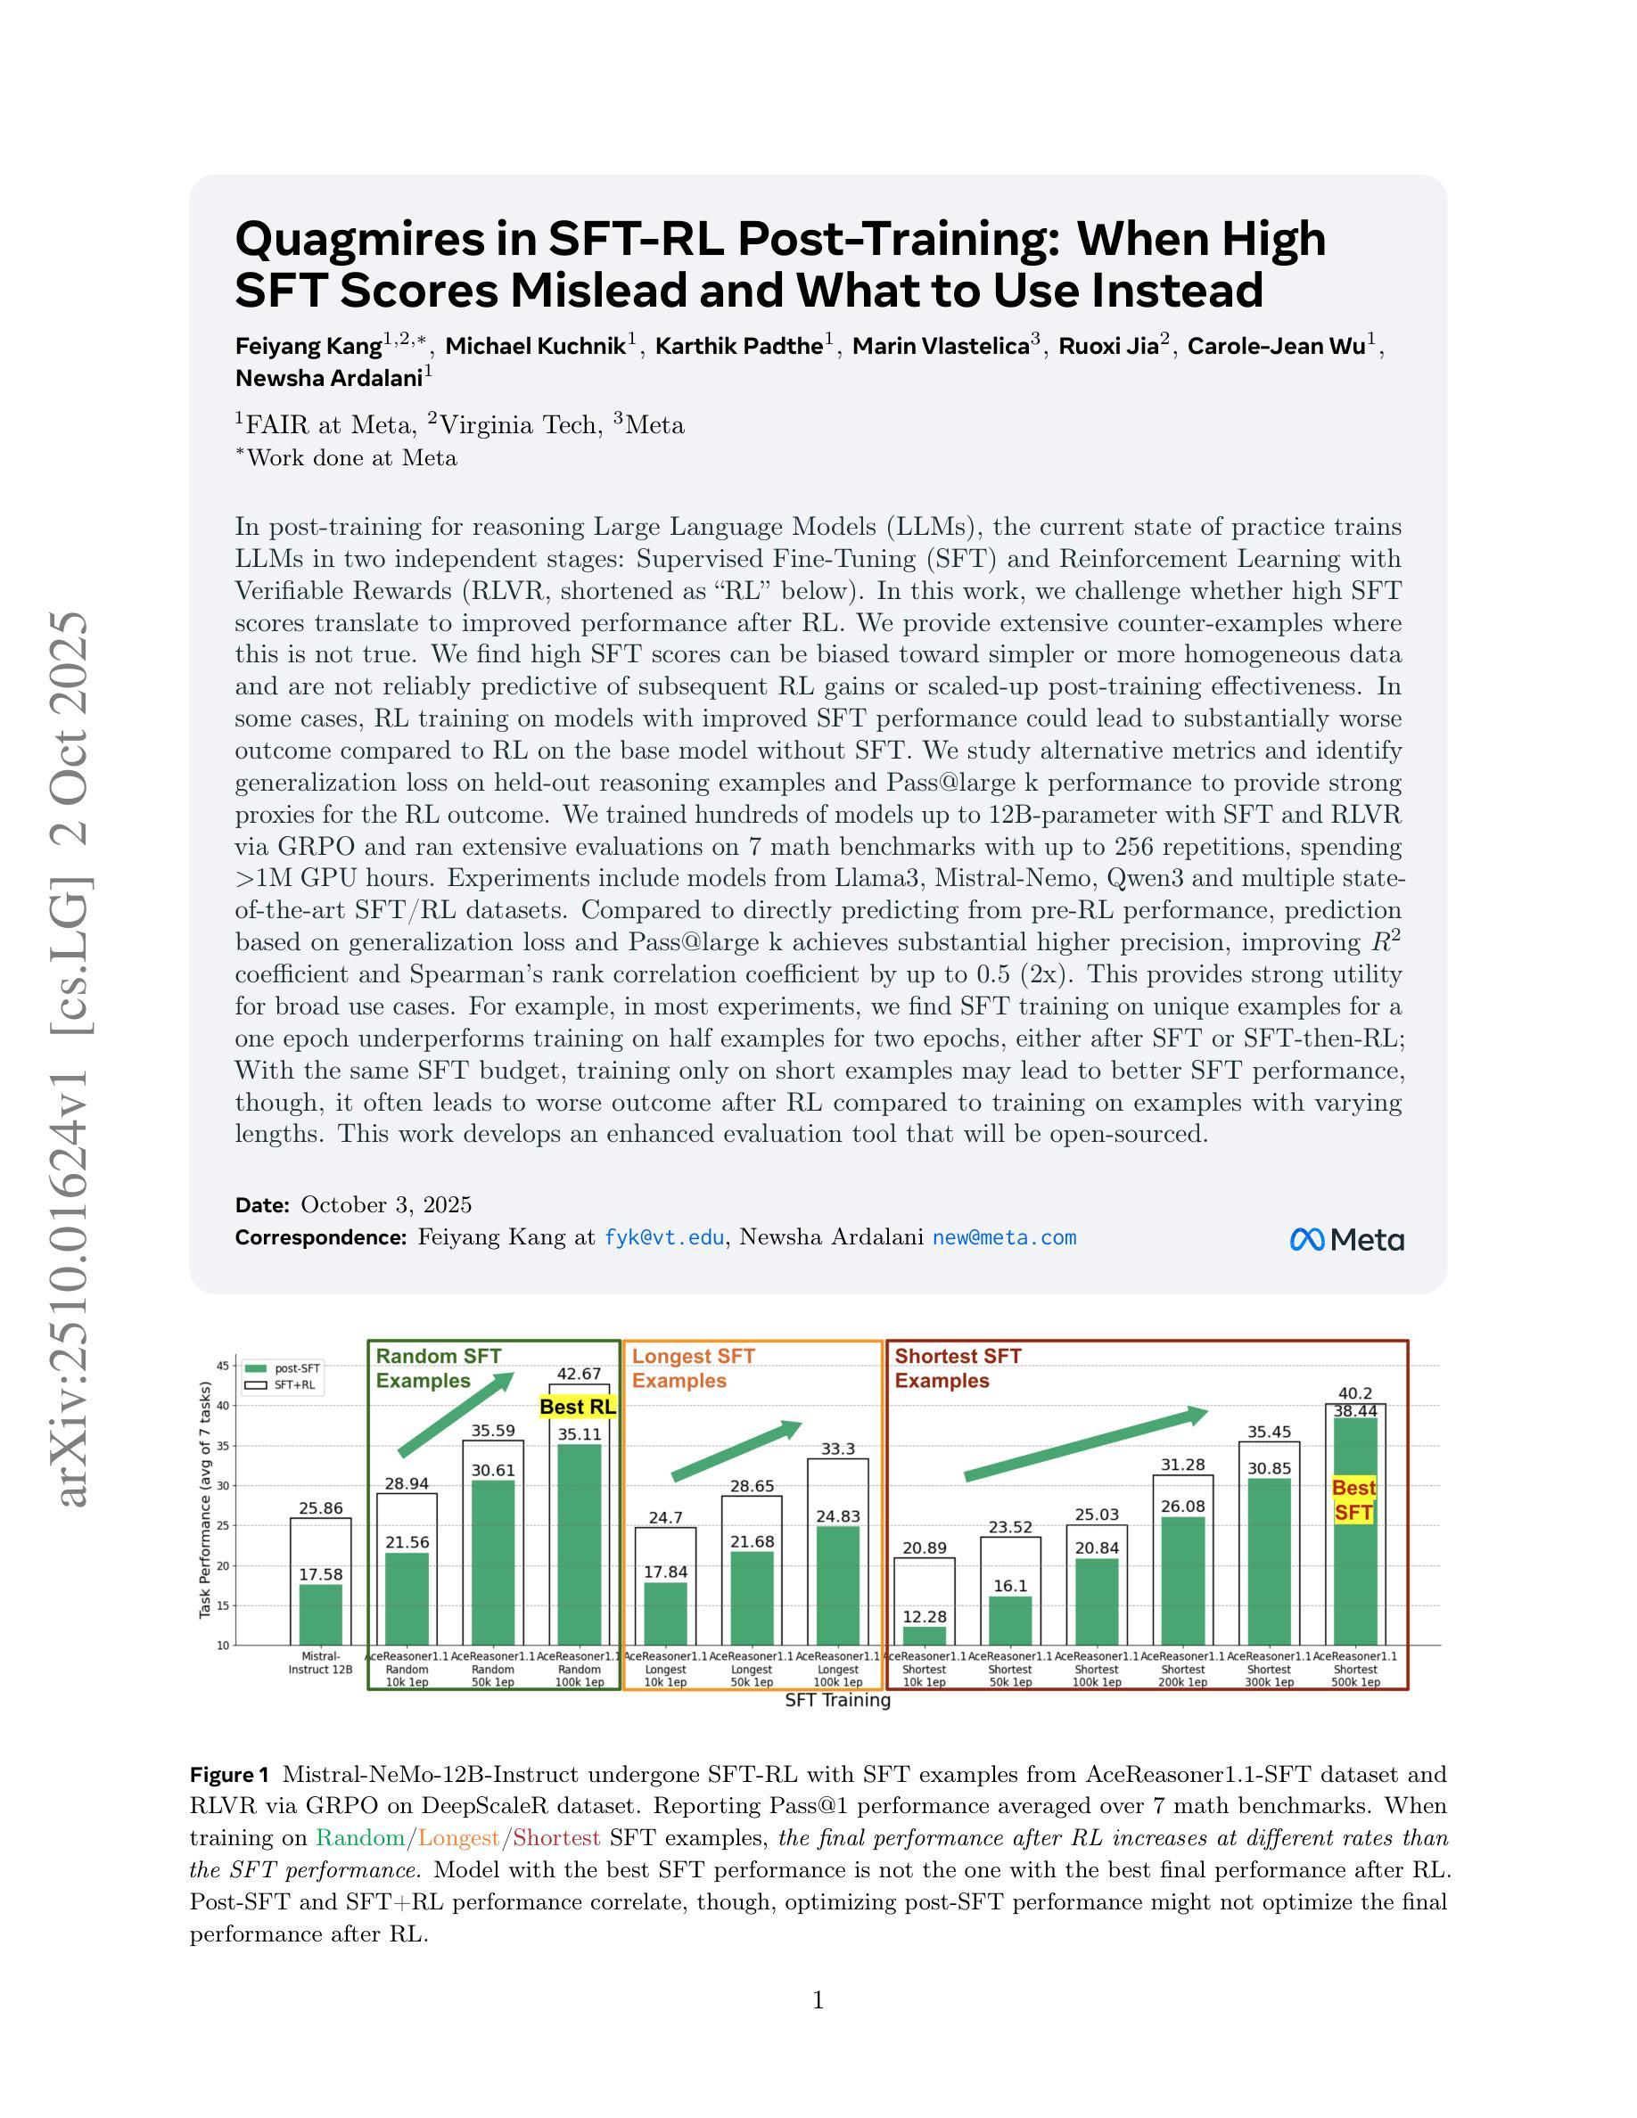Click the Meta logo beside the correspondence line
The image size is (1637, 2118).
pos(1346,1239)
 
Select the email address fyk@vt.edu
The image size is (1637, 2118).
pos(663,1237)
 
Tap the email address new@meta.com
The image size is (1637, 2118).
pos(1004,1237)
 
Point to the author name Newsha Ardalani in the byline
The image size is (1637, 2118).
pos(329,378)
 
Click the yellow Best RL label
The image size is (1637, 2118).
pos(577,1406)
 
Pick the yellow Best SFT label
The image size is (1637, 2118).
pos(1353,1500)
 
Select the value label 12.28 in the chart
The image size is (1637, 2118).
pos(925,1617)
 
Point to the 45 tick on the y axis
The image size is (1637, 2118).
pos(222,1367)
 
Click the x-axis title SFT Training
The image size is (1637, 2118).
pos(838,1700)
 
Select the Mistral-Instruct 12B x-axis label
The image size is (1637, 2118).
pos(320,1663)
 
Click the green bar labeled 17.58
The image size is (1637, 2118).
pos(320,1614)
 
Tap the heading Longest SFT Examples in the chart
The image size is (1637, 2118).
pos(694,1368)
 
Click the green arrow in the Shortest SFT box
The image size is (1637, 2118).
pos(1086,1445)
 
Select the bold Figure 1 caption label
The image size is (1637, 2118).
pos(229,1775)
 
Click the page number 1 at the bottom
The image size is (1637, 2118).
pos(818,2000)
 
